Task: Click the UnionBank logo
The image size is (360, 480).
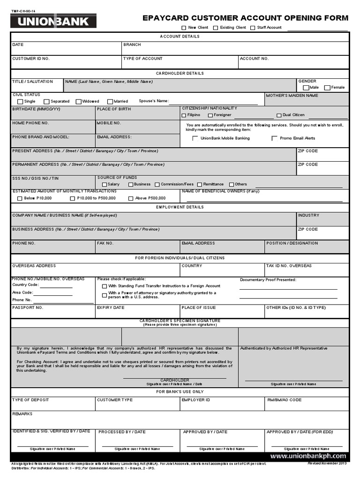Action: tap(53, 22)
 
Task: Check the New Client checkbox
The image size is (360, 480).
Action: tap(184, 28)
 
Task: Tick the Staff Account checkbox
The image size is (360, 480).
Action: tap(253, 28)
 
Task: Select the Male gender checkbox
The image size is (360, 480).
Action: tap(306, 88)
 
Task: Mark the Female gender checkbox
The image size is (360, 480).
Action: tap(327, 88)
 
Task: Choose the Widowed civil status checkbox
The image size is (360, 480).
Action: tap(78, 101)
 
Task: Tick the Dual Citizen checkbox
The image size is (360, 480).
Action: tap(279, 115)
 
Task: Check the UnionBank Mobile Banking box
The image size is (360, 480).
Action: tap(195, 138)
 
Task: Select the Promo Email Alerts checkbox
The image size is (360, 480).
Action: tap(274, 138)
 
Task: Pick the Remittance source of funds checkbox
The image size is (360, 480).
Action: tap(199, 185)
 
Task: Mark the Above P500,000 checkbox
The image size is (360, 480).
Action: tap(131, 198)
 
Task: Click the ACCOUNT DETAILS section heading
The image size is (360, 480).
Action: tap(180, 36)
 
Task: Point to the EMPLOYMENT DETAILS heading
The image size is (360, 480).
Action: tap(180, 207)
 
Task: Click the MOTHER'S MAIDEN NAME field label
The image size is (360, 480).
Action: tap(292, 95)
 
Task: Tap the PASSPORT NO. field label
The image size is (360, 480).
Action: tap(28, 307)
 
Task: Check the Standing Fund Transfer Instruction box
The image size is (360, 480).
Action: tap(104, 286)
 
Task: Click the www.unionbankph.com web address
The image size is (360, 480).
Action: tap(308, 456)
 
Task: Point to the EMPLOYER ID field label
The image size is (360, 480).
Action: tap(196, 400)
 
